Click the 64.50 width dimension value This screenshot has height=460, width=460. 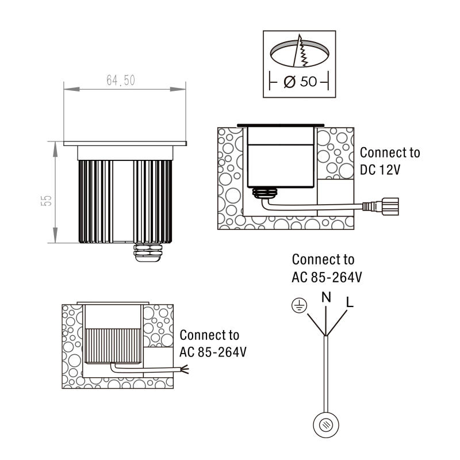121,80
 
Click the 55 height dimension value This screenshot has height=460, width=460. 47,201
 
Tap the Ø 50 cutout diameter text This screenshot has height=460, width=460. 300,82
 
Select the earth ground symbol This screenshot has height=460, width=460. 299,305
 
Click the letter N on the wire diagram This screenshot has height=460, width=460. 326,297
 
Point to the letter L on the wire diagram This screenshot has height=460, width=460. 350,302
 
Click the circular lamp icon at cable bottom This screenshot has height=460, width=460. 326,425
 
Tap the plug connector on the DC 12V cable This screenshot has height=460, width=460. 381,206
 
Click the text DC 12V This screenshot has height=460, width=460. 380,170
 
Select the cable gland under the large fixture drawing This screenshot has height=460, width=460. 148,252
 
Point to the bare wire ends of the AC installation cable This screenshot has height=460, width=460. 185,369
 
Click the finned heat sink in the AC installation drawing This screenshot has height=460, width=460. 113,346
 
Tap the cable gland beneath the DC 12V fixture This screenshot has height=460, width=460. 265,193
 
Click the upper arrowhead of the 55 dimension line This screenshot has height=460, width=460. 55,149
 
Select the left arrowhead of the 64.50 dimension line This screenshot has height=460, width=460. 71,89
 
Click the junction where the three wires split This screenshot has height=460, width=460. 325,335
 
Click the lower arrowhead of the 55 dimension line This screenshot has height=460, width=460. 55,235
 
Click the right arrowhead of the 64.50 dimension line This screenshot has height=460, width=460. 178,89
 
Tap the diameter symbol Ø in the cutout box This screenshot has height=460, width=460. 290,82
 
